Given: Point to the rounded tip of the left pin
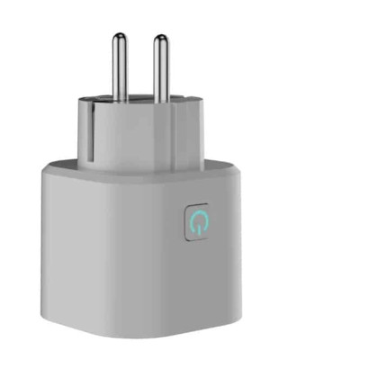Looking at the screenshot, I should [x=119, y=37].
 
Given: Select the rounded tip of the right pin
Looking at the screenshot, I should [x=160, y=39].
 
